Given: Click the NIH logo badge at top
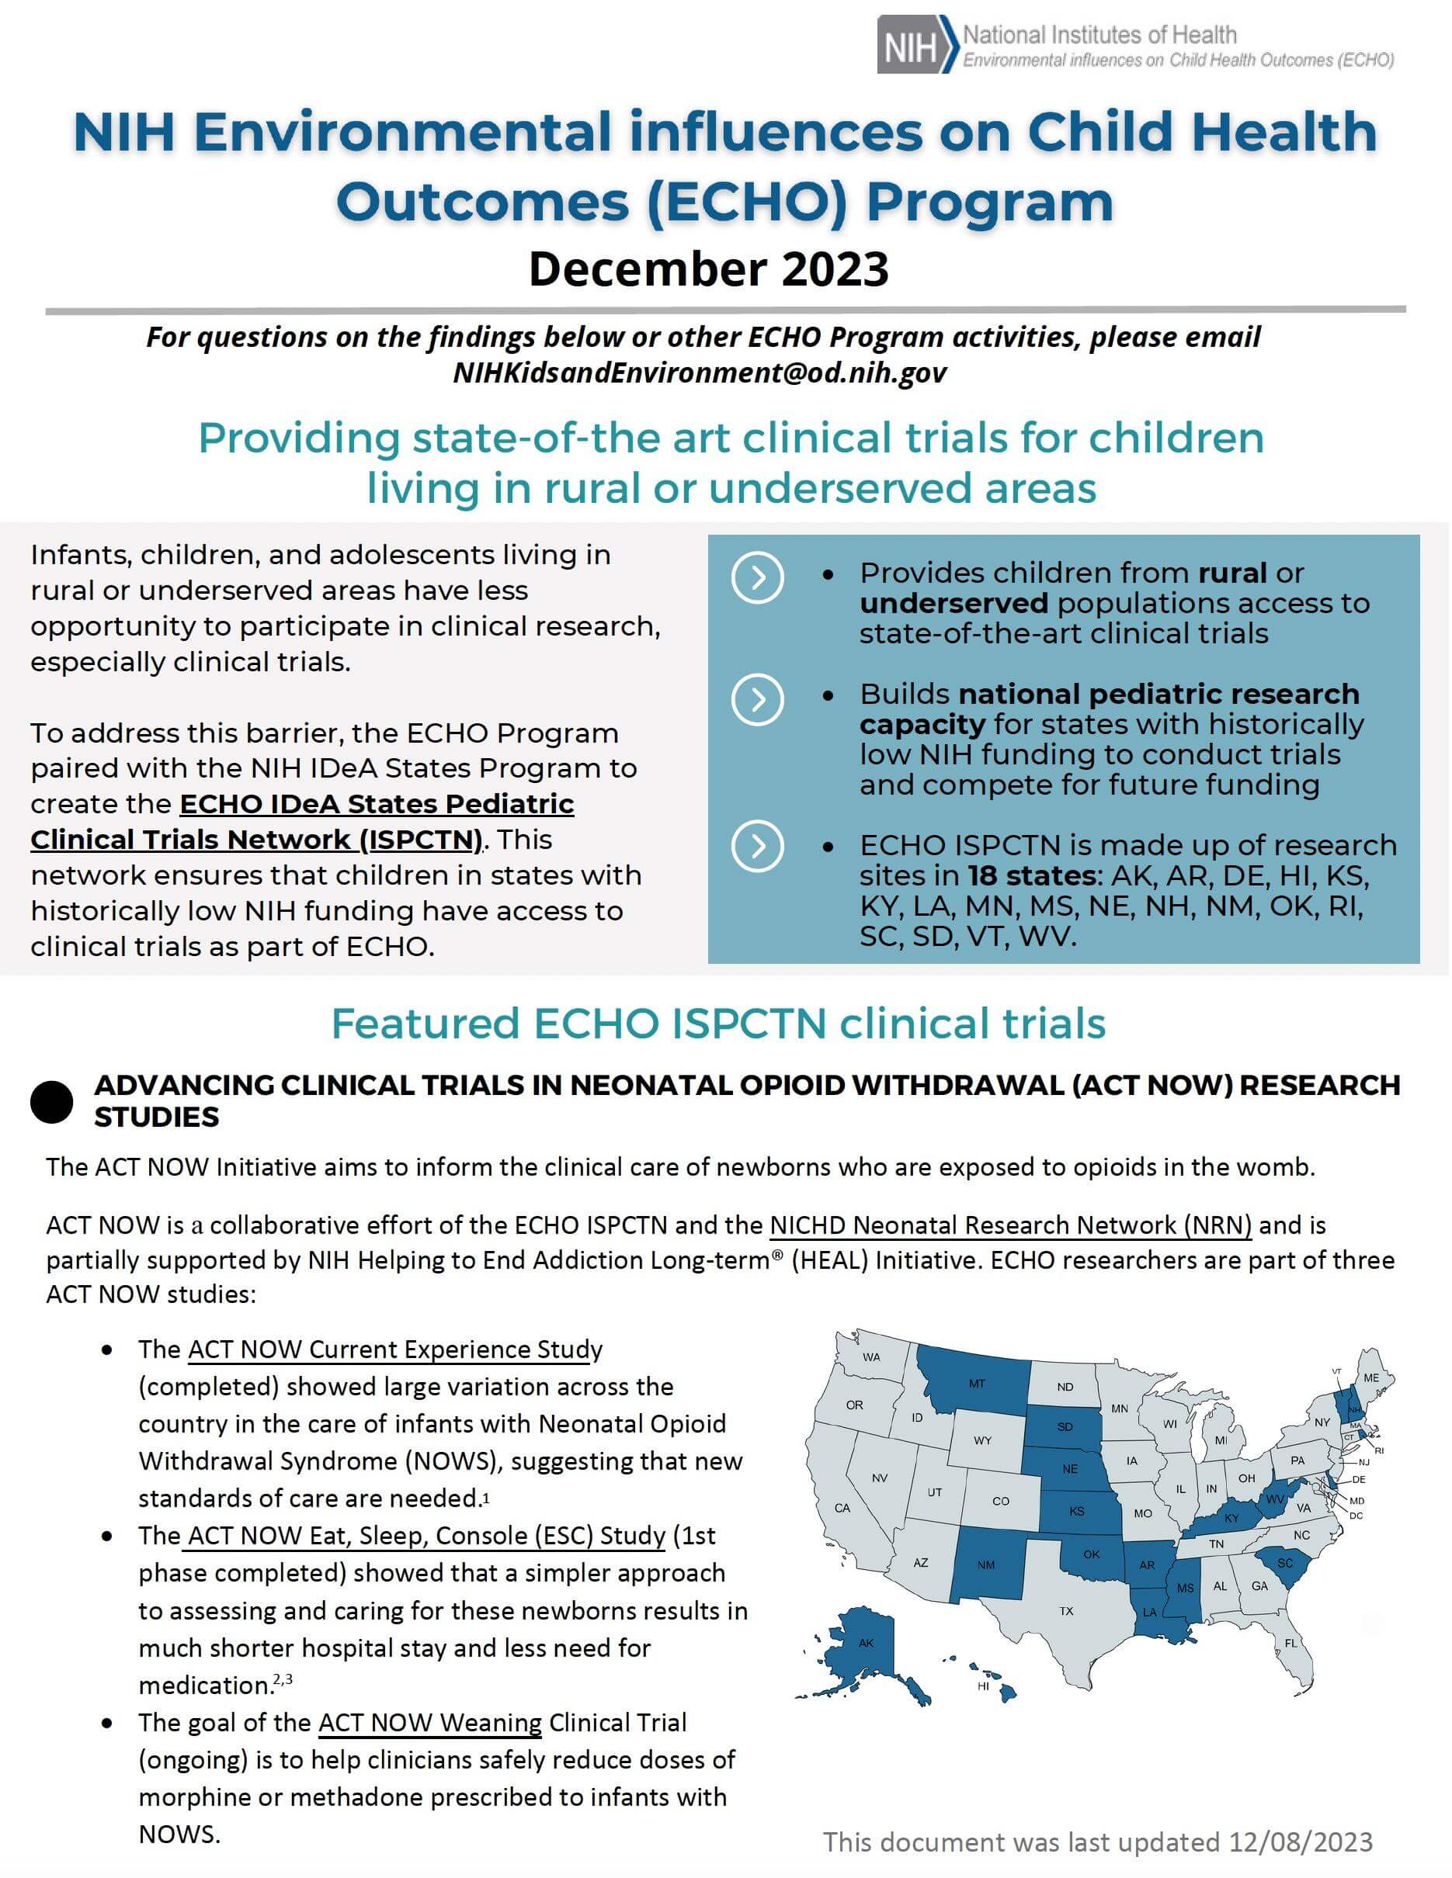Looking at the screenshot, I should point(915,45).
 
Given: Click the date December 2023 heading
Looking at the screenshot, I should point(708,269).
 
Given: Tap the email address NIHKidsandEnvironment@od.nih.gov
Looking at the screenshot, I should point(700,372).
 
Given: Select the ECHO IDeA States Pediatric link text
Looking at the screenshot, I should point(376,803).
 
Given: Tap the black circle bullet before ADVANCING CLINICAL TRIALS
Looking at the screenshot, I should point(51,1101).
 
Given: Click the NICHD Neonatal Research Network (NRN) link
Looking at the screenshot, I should point(1010,1225).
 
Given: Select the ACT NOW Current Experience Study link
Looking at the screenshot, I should point(394,1350).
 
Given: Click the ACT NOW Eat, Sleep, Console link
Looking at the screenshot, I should point(426,1535).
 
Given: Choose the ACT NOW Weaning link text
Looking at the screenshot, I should point(429,1722).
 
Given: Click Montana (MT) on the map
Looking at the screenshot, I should point(976,1384).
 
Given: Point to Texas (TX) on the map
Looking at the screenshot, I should point(1066,1609).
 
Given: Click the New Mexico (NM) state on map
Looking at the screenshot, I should point(986,1564).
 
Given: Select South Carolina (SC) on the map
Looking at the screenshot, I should point(1284,1563).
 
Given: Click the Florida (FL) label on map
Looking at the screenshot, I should point(1290,1642).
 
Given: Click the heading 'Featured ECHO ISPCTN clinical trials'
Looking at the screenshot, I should point(718,1024).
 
